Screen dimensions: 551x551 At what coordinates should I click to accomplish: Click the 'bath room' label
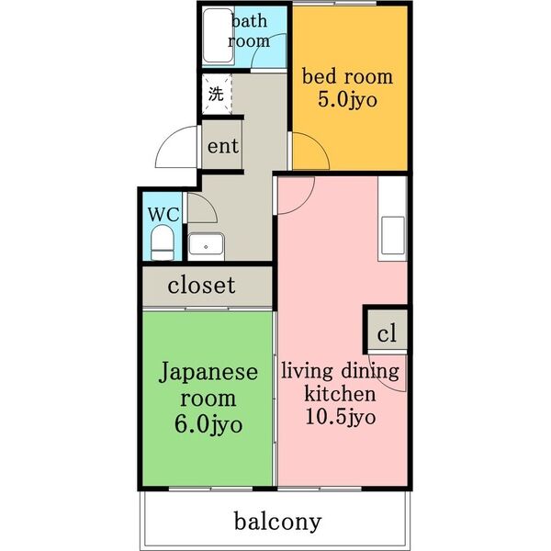249,30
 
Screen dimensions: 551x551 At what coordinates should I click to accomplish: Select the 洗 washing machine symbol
216,93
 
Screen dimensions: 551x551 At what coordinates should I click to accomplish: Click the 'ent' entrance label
222,146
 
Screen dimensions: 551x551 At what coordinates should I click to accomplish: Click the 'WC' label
163,214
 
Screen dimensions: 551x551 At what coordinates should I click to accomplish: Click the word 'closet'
201,286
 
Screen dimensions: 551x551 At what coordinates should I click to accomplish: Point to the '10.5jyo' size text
340,418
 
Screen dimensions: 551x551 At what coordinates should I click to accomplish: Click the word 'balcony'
277,523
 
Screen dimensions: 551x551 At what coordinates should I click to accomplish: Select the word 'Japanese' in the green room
208,373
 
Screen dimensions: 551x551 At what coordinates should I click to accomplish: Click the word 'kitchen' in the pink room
340,395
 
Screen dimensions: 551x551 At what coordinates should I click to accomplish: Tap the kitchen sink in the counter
392,237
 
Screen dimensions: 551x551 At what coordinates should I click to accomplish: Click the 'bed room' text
348,76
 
